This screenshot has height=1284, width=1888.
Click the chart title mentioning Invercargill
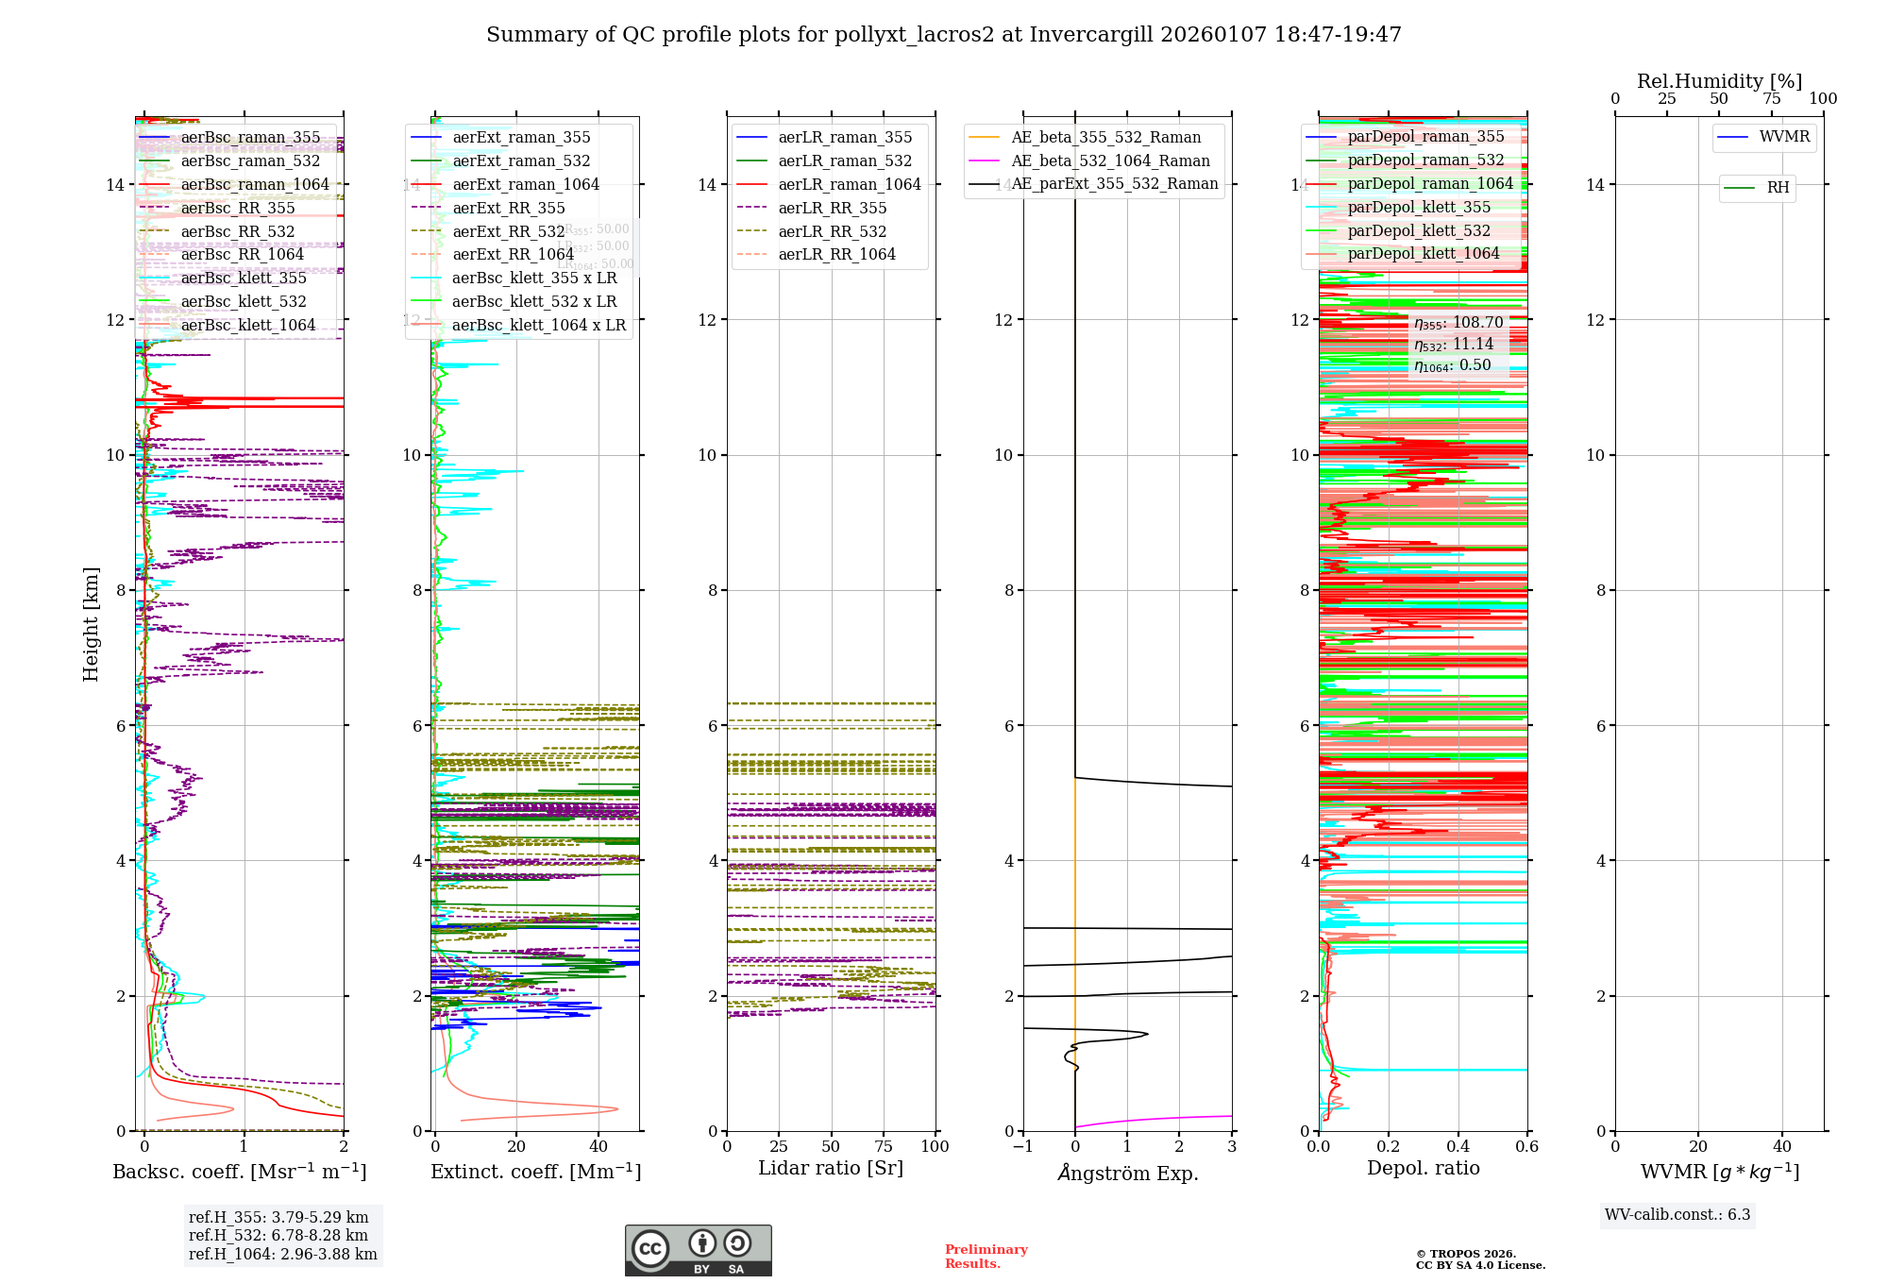[943, 35]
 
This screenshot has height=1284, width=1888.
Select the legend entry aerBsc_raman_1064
[255, 184]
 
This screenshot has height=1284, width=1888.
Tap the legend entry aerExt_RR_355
[509, 208]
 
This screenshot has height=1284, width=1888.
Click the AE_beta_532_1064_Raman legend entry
[1110, 160]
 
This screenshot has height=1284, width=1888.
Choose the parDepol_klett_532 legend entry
[1419, 230]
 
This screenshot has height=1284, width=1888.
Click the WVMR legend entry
[1784, 137]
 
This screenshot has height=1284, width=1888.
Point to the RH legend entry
[1778, 188]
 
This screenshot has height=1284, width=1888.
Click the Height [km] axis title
[91, 623]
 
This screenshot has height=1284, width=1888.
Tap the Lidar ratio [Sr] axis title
[831, 1168]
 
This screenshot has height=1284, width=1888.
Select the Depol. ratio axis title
[1423, 1168]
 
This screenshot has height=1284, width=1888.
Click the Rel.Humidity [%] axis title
[1719, 81]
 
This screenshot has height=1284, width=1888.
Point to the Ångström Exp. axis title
[1127, 1173]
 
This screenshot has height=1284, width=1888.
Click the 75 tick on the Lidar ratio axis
[884, 1146]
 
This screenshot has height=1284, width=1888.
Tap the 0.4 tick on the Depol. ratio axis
[1458, 1146]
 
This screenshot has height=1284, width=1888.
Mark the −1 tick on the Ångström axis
[1022, 1146]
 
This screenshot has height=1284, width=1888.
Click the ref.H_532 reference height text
[278, 1235]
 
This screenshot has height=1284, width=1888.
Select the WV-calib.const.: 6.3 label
[1677, 1214]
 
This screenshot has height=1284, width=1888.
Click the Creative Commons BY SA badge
[698, 1250]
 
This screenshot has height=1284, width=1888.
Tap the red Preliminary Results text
[986, 1256]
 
